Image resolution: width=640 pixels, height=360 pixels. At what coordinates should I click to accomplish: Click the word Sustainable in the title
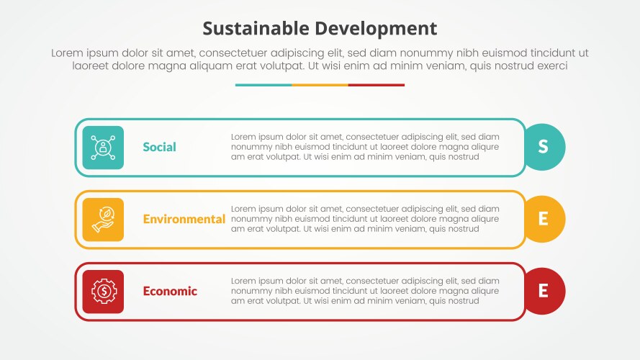click(x=255, y=28)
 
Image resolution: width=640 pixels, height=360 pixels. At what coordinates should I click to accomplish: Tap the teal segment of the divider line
click(x=263, y=85)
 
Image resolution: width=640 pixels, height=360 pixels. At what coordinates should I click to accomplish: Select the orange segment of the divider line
click(x=320, y=85)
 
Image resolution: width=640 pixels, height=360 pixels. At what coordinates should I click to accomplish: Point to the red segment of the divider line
click(x=377, y=85)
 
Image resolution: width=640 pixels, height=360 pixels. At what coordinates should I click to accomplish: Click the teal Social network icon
click(x=103, y=148)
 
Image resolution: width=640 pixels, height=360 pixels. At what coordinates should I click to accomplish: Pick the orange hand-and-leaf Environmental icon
click(x=103, y=220)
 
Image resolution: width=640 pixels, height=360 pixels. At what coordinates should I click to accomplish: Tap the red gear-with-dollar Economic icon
click(x=103, y=292)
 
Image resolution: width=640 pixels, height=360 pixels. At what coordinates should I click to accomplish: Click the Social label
click(x=159, y=147)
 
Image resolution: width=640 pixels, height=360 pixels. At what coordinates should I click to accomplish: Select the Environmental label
click(x=184, y=219)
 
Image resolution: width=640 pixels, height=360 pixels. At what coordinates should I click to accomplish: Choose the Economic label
click(x=170, y=291)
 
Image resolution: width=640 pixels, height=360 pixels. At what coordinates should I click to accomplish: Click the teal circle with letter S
click(x=544, y=147)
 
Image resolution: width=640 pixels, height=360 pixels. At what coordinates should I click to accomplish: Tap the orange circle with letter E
click(x=544, y=219)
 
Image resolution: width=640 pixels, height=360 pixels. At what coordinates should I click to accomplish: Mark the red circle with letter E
click(x=544, y=291)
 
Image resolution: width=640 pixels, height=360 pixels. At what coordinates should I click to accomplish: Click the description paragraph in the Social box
click(x=365, y=147)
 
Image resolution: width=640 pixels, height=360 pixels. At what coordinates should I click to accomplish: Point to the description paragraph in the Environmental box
click(x=365, y=219)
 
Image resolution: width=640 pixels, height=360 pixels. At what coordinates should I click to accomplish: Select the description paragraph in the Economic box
click(x=365, y=291)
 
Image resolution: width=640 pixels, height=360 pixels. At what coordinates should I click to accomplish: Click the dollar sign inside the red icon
click(x=104, y=291)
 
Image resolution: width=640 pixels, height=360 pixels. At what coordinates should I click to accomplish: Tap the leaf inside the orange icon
click(x=105, y=214)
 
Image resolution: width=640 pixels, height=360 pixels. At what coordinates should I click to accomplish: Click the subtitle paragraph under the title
click(x=320, y=59)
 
